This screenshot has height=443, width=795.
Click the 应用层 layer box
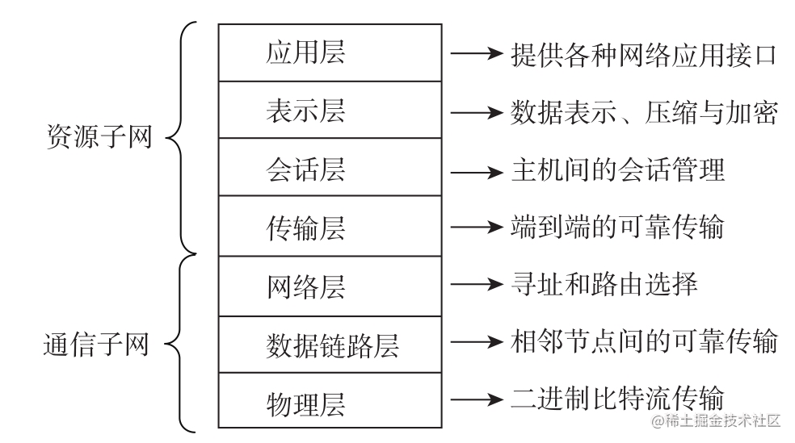tap(330, 53)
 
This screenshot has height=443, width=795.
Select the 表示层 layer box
tap(330, 111)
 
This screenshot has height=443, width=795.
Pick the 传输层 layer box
tap(330, 227)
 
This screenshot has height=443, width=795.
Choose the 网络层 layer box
tap(330, 286)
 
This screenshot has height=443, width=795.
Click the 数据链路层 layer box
tap(330, 345)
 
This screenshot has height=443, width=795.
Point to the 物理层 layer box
tap(330, 400)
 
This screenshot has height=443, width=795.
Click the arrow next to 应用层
tap(476, 54)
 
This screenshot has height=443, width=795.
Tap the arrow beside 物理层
tap(476, 398)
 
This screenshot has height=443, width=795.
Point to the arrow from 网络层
tap(476, 284)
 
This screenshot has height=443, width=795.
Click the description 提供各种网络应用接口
tap(644, 54)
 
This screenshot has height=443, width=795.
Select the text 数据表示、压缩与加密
tap(644, 112)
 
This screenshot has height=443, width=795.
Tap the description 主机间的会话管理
tap(618, 170)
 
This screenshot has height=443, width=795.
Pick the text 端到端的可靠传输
tap(618, 228)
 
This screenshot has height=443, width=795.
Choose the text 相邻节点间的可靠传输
tap(644, 342)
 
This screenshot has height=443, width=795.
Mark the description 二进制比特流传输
tap(618, 398)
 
